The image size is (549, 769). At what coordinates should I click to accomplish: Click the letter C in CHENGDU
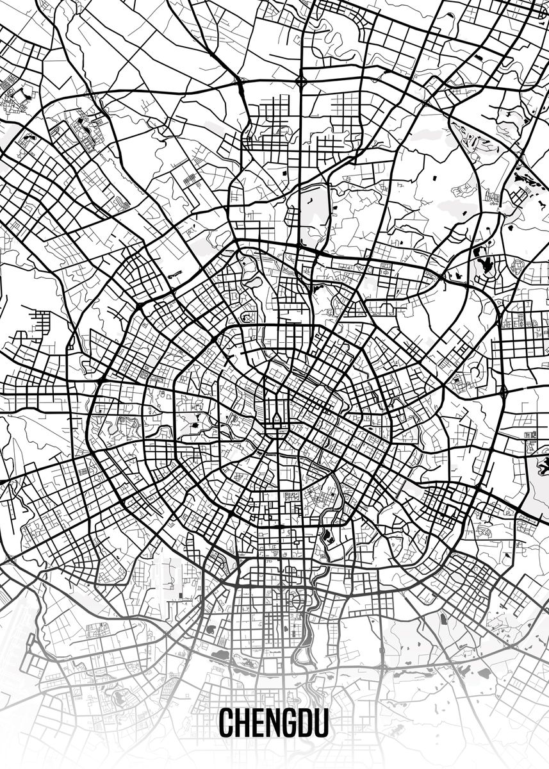click(227, 722)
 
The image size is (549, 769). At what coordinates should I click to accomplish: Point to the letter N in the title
click(273, 722)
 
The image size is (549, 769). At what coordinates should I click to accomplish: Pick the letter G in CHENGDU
click(290, 722)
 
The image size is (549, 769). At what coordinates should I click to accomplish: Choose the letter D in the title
click(306, 722)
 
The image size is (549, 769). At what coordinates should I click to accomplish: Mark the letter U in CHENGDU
click(322, 722)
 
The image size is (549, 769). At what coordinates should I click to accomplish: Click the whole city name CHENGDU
click(274, 722)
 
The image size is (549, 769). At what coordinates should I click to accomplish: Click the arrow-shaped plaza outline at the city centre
click(277, 420)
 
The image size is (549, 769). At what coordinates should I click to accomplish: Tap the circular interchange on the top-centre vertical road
click(301, 81)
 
